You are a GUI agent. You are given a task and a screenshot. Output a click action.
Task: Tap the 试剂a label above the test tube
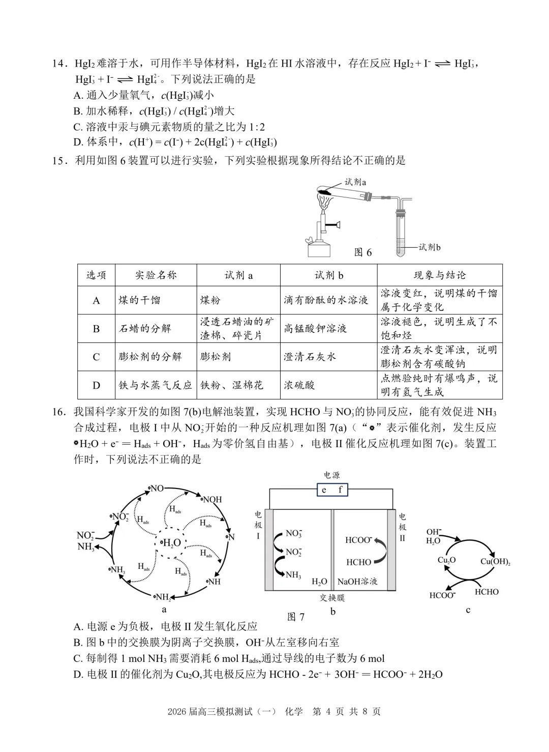(355, 182)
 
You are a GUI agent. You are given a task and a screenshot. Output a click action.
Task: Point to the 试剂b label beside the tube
(430, 247)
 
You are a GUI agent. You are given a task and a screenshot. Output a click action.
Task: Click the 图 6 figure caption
(362, 252)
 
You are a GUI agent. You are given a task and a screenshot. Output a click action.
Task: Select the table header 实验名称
(156, 275)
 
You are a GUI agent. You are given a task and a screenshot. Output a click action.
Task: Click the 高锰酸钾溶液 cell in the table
(315, 329)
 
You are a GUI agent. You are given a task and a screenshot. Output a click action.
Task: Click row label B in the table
(96, 329)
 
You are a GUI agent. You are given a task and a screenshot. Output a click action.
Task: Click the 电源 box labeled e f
(332, 490)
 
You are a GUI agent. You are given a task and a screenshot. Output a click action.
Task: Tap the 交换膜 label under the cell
(332, 598)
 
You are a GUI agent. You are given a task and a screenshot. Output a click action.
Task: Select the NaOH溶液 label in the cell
(357, 581)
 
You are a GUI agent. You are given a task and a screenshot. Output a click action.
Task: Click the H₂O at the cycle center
(171, 543)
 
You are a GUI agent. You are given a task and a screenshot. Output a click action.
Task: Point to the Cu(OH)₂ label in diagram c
(495, 562)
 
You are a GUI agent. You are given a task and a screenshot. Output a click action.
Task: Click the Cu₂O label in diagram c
(446, 560)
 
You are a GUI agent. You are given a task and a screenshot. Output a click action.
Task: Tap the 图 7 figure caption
(296, 617)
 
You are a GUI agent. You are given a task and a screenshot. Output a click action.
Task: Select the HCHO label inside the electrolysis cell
(358, 562)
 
